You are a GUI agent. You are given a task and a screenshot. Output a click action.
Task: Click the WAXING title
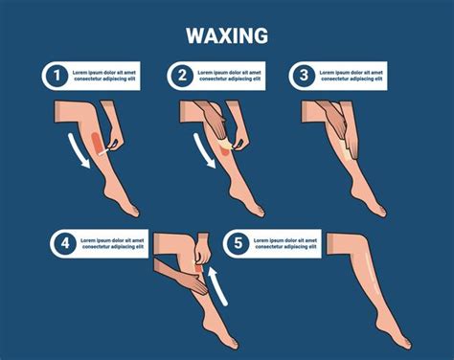(227, 35)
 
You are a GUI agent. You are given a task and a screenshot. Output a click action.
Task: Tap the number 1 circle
(57, 76)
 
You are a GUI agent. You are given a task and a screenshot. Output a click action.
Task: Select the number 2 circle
(182, 76)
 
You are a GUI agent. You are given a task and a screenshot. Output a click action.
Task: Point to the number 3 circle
(304, 76)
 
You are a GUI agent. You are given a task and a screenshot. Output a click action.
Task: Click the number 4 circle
(65, 243)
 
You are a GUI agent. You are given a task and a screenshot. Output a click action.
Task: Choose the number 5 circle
(238, 243)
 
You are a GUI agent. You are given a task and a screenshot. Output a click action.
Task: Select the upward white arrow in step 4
(217, 285)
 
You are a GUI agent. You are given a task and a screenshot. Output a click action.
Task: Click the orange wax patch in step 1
(97, 143)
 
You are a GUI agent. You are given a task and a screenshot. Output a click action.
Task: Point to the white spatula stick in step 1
(105, 151)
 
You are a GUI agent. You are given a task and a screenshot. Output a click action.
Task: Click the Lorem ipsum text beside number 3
(352, 76)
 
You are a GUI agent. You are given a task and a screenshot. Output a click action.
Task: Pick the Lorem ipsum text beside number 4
(112, 243)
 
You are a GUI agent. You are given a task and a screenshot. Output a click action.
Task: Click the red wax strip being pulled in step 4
(199, 268)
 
